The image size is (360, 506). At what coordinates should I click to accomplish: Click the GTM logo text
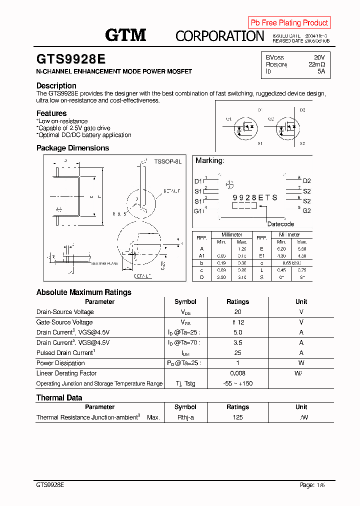tap(125, 34)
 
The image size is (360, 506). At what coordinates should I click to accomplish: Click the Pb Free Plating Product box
tap(289, 22)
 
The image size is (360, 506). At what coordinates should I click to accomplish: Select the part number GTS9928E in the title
tap(71, 59)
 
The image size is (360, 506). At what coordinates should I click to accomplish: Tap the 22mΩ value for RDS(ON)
tap(316, 64)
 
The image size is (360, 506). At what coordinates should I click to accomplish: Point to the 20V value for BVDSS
tap(319, 57)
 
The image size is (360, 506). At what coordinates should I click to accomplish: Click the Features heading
tap(51, 113)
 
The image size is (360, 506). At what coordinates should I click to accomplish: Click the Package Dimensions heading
tap(72, 148)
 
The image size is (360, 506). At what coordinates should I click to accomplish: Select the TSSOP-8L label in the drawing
tap(167, 161)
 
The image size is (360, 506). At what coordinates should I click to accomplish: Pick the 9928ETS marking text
tap(255, 197)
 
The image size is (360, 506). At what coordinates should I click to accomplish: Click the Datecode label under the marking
tap(280, 224)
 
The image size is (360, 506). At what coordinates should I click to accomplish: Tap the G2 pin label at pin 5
tap(306, 210)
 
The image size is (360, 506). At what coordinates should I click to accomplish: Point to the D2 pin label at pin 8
tap(306, 181)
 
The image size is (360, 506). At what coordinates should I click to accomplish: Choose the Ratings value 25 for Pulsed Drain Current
tap(237, 353)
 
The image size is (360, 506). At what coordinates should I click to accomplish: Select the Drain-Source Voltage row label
tap(65, 312)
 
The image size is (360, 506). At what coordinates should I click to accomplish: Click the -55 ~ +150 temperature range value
tap(237, 383)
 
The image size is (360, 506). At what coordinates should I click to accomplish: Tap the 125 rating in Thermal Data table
tap(237, 417)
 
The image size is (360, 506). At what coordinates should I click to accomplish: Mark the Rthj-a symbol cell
tap(185, 417)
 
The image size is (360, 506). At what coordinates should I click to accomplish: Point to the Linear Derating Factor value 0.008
tap(237, 373)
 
